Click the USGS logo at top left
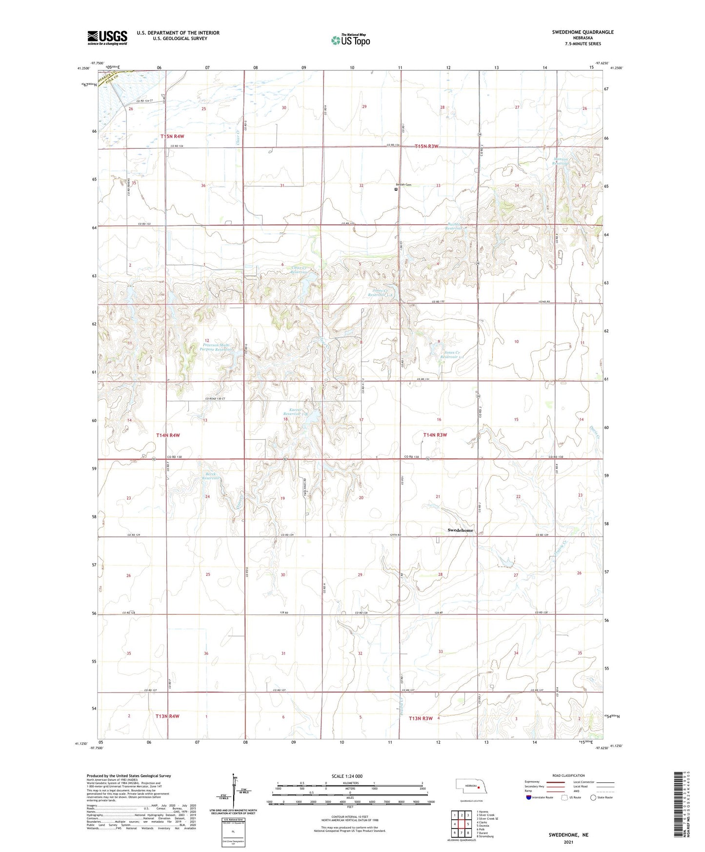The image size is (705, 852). tap(107, 37)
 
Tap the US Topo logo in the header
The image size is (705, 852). tap(350, 40)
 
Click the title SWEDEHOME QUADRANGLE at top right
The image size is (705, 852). tap(583, 32)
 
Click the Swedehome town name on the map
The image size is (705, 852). tap(460, 530)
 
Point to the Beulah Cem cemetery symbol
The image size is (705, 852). tap(396, 189)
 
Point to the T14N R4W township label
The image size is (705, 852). tap(168, 435)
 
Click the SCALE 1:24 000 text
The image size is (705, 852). tap(347, 776)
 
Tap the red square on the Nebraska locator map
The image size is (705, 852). tap(479, 787)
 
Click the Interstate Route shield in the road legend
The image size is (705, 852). tap(529, 797)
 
